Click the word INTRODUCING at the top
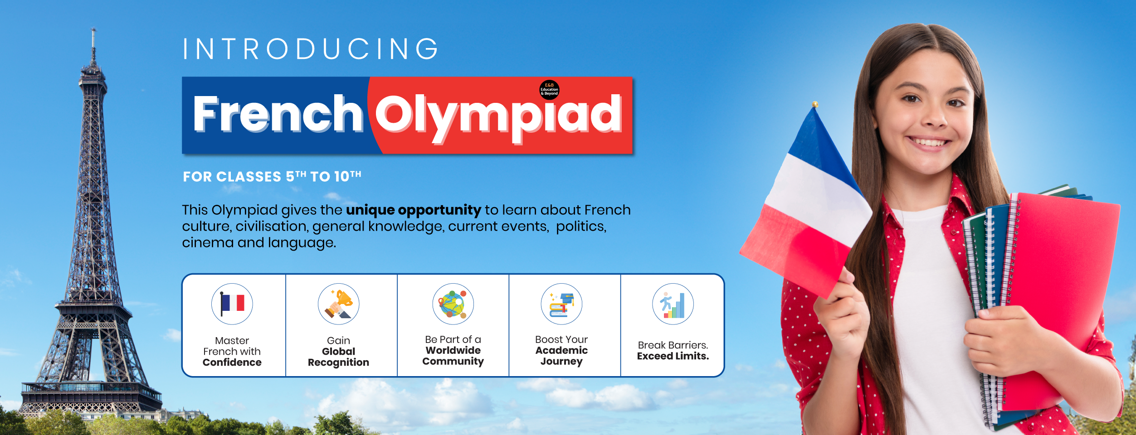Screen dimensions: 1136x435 [x=311, y=49]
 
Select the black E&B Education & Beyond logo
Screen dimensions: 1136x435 [x=549, y=90]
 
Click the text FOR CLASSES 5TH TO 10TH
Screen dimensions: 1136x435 [x=272, y=176]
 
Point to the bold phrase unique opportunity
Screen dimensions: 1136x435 [x=413, y=210]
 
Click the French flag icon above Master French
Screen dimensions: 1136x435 [x=232, y=304]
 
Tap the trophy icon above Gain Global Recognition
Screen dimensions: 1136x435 [x=339, y=304]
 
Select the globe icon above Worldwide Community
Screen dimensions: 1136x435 [x=453, y=304]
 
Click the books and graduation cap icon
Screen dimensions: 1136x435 [x=561, y=304]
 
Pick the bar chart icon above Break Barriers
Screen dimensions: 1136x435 [x=673, y=304]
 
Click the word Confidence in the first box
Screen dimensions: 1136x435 [x=232, y=362]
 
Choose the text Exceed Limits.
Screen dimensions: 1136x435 [x=673, y=356]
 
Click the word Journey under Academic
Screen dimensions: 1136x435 [x=561, y=362]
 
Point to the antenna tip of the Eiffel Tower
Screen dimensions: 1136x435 [x=93, y=29]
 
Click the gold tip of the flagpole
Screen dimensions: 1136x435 [x=815, y=104]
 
